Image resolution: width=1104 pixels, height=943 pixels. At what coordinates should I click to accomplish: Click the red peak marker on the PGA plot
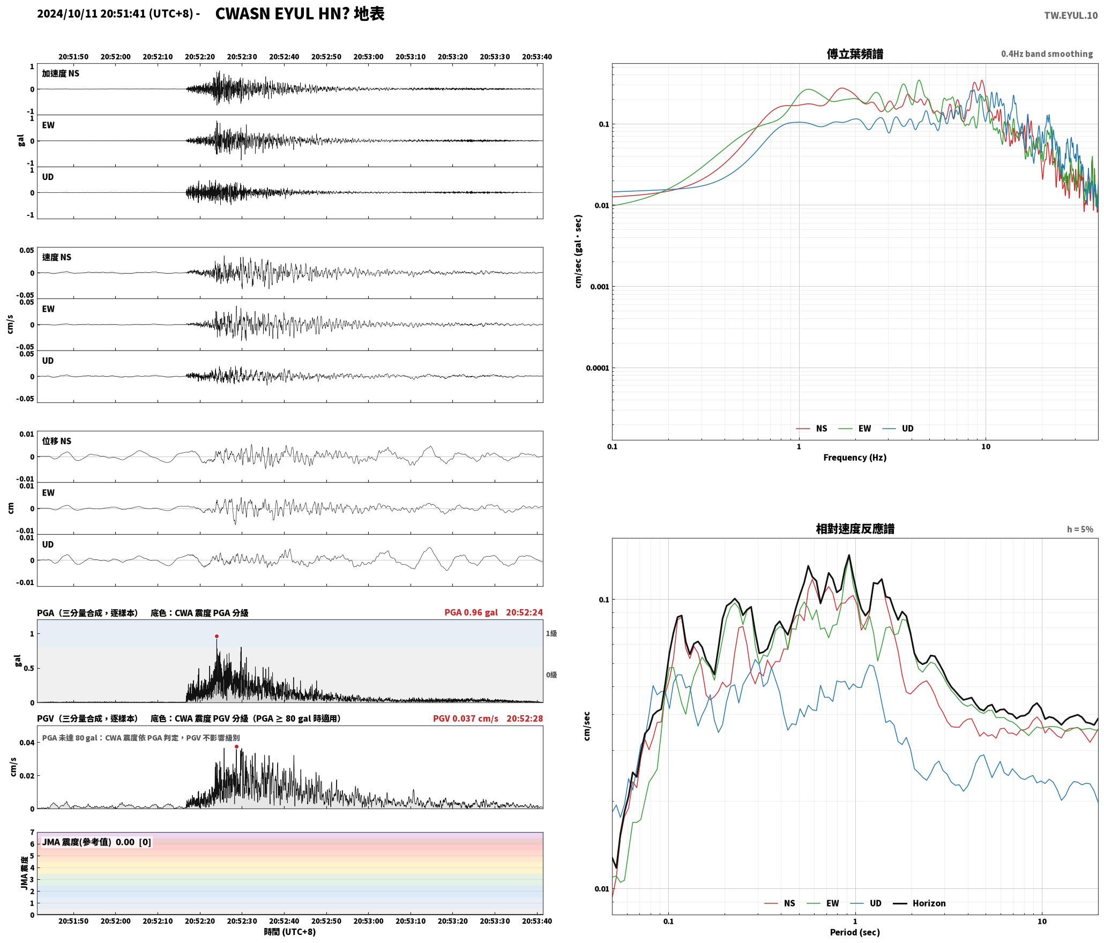[217, 637]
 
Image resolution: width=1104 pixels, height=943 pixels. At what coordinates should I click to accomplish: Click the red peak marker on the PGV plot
[236, 746]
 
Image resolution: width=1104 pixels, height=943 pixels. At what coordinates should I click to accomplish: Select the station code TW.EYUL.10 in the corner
[1071, 16]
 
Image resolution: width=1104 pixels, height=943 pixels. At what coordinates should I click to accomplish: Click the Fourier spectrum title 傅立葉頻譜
[855, 54]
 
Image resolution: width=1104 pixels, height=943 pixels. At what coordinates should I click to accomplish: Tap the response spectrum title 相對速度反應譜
[855, 529]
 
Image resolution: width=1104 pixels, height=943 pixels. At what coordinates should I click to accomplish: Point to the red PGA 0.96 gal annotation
[471, 612]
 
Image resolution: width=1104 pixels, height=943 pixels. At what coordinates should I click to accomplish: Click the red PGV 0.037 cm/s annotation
[465, 719]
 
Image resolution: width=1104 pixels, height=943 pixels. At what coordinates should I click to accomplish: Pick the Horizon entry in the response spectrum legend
[929, 903]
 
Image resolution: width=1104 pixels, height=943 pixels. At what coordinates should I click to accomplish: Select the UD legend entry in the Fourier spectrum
[907, 429]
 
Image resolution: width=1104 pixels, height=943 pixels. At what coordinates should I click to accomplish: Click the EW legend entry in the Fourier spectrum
[864, 429]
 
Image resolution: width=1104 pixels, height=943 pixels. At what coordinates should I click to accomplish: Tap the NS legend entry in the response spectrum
[789, 903]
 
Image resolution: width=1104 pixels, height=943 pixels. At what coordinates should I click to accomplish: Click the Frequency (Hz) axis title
[855, 458]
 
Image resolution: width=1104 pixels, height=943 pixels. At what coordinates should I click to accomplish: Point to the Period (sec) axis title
[855, 932]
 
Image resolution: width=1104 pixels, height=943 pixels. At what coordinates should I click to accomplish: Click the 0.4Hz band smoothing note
[1047, 54]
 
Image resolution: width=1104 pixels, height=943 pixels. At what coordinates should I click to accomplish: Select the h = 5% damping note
[1080, 529]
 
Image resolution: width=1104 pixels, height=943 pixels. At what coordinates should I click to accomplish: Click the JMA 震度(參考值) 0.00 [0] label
[96, 842]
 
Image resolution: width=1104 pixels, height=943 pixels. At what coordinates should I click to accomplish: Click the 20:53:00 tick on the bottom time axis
[368, 921]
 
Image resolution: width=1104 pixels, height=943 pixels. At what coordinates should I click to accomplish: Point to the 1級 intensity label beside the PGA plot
[551, 633]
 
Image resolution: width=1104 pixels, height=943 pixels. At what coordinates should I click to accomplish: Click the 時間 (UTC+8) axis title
[289, 932]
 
